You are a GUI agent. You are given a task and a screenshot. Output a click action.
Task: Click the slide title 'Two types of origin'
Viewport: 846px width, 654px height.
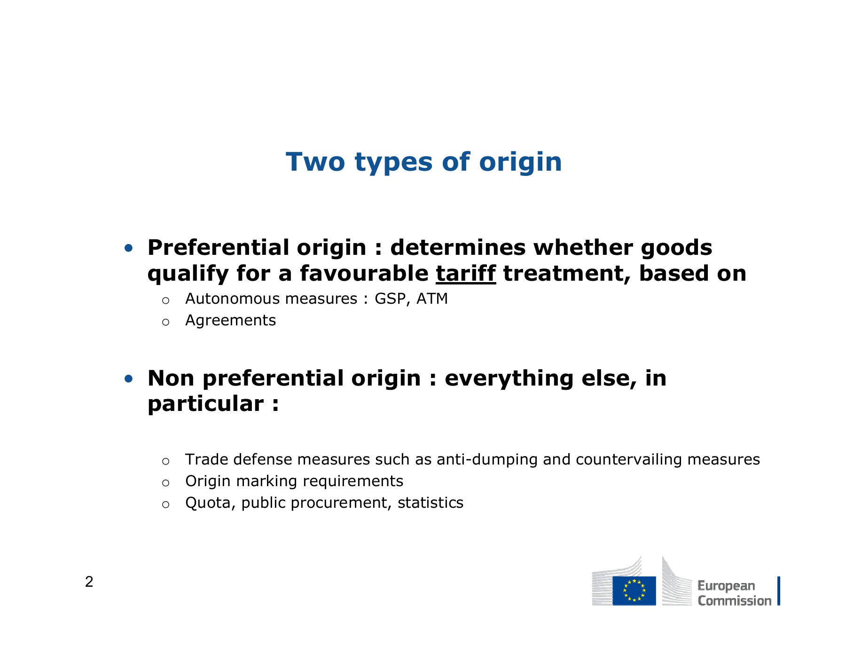coord(423,163)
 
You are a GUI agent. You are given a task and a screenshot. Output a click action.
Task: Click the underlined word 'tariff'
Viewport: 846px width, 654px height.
coord(466,274)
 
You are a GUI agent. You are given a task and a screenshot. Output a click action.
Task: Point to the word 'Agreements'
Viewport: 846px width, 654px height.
coord(230,321)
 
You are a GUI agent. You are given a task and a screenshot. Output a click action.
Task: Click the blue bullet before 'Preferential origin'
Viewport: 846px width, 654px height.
coord(129,248)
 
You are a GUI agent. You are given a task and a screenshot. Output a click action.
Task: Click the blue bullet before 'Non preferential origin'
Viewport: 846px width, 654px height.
coord(129,378)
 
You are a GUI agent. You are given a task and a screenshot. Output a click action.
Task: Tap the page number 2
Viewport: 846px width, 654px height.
coord(89,582)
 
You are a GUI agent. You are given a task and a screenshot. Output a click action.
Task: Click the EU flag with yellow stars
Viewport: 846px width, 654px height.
coord(634,591)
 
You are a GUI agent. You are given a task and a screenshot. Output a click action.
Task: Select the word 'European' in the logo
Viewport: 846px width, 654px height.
coord(726,586)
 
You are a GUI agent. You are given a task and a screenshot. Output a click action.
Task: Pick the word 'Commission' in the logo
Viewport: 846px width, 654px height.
coord(735,601)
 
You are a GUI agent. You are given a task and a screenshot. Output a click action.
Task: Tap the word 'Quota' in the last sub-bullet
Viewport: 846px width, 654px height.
coord(210,503)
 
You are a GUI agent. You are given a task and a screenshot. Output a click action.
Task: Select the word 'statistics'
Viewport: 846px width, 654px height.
coord(431,503)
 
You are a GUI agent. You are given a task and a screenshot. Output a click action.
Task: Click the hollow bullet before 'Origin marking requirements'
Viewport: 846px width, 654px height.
coord(165,483)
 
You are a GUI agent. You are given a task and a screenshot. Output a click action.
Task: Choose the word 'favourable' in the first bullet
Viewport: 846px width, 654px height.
coord(364,274)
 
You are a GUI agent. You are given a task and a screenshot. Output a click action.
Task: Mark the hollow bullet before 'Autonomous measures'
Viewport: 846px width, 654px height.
coord(165,300)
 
